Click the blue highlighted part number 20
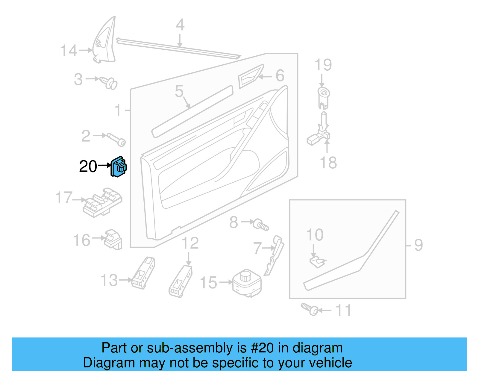[x=119, y=167]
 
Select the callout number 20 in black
[x=88, y=166]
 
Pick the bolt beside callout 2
[x=117, y=140]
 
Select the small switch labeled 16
[x=113, y=239]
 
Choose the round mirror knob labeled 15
[x=247, y=283]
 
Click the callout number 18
[x=328, y=163]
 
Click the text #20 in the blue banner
[x=262, y=348]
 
